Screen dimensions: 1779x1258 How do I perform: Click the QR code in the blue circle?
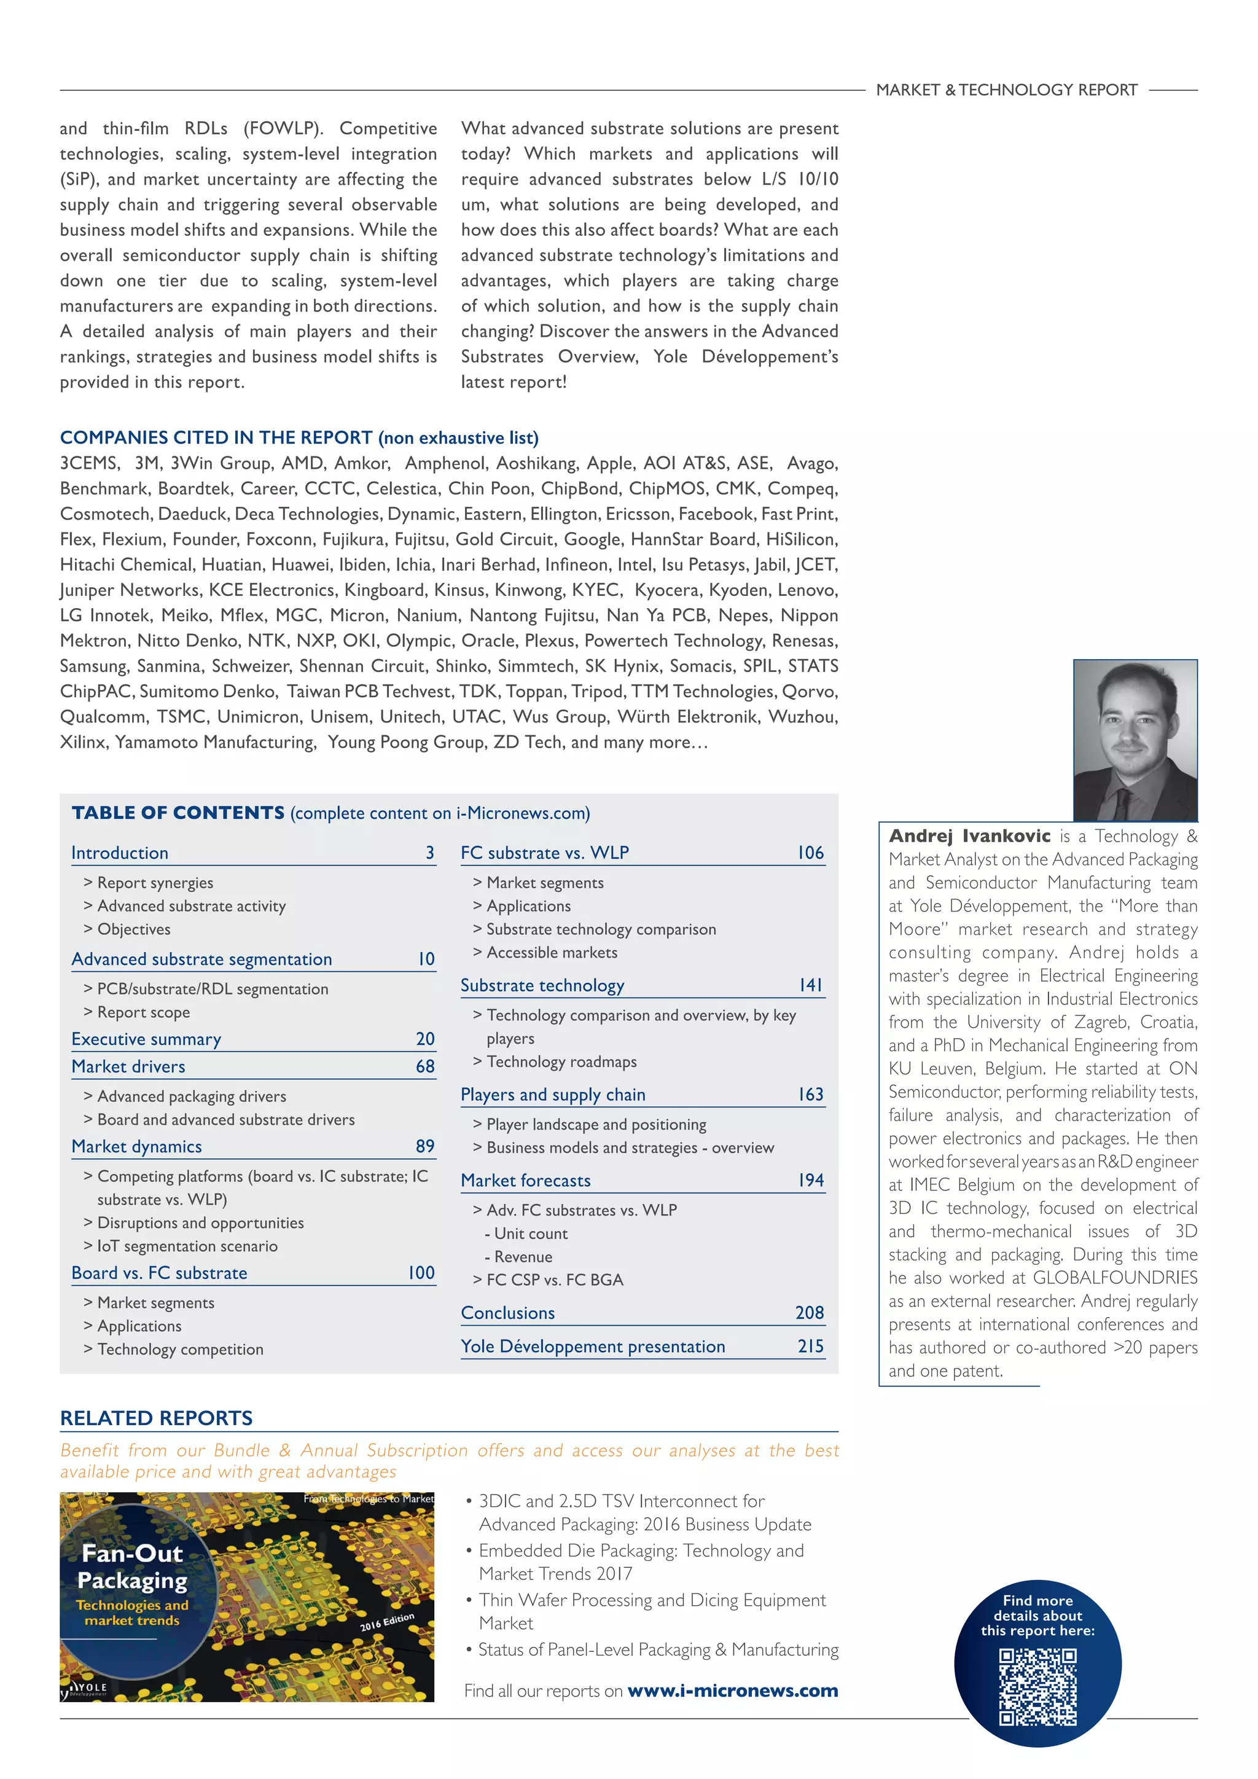(1037, 1687)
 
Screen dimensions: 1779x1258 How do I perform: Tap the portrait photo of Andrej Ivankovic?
(1135, 740)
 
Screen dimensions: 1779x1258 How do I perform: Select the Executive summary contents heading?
(146, 1039)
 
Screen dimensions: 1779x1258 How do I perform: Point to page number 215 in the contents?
(810, 1346)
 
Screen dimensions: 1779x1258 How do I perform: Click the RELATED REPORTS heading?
(157, 1418)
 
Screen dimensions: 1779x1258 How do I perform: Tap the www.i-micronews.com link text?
(732, 1690)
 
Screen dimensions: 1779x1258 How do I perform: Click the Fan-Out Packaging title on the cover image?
(133, 1566)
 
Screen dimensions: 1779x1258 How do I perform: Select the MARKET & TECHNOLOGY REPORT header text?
(1006, 90)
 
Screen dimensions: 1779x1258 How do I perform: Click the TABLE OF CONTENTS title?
(178, 813)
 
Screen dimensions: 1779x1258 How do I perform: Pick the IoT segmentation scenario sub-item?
(187, 1246)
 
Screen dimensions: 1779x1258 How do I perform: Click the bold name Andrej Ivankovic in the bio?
(969, 836)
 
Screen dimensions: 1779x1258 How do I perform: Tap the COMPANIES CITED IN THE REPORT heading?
(216, 438)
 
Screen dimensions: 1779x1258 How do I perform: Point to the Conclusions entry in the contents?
(507, 1313)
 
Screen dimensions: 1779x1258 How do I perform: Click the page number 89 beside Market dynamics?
(424, 1146)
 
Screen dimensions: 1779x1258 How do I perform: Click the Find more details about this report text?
(1037, 1615)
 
